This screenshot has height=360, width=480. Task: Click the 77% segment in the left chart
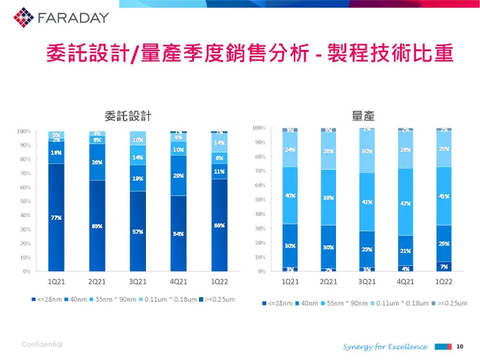[x=56, y=217]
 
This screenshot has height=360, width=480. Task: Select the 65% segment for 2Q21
[x=97, y=226]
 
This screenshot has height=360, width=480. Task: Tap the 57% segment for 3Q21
[x=138, y=232]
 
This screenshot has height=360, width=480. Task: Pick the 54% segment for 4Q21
[x=178, y=234]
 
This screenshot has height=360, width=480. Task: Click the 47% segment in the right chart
[x=405, y=202]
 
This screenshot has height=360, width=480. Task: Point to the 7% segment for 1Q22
[x=444, y=266]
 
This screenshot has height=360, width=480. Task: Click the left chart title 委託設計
[x=128, y=115]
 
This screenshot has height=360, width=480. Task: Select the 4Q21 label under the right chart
[x=405, y=282]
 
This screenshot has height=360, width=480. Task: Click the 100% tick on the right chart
[x=258, y=128]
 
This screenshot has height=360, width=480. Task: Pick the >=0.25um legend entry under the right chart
[x=451, y=303]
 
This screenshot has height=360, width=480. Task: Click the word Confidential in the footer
[x=42, y=344]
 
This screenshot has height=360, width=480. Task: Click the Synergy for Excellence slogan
[x=385, y=346]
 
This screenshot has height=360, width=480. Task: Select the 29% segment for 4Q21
[x=178, y=175]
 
